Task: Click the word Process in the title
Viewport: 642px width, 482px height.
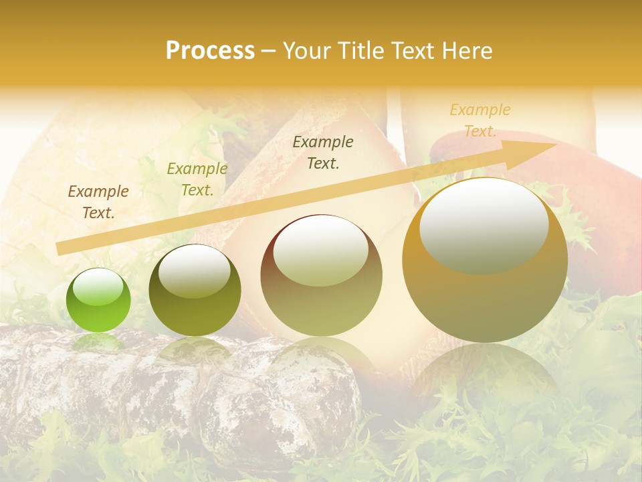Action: (210, 51)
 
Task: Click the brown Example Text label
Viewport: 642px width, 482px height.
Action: (98, 202)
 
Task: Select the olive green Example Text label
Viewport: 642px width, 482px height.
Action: (197, 179)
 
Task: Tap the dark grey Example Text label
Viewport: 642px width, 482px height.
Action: (323, 152)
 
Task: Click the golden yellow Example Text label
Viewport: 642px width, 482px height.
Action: (480, 120)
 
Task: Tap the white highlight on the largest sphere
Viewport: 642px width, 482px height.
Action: (484, 224)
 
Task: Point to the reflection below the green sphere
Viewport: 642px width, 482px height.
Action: (98, 343)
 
